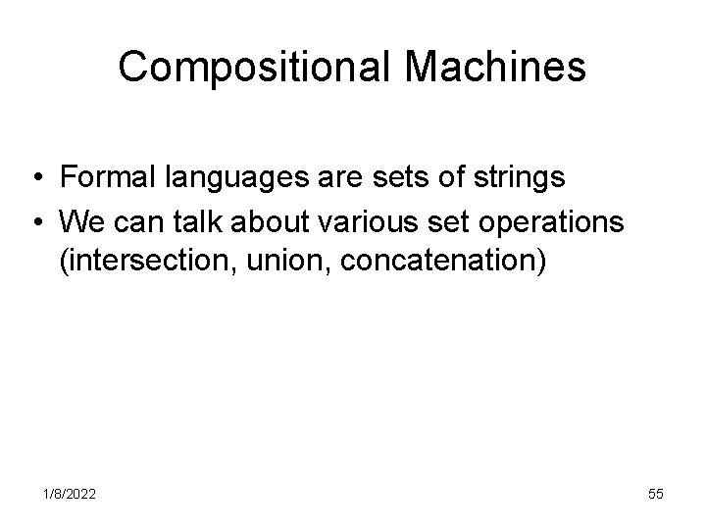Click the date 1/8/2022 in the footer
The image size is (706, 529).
tap(69, 495)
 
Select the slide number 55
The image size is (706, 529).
tap(654, 495)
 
